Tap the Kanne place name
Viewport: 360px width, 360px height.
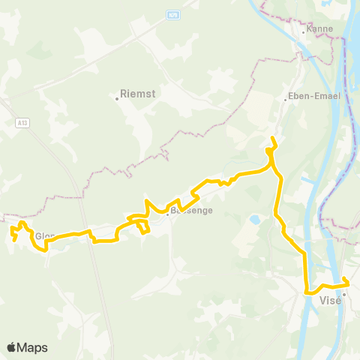(x=318, y=31)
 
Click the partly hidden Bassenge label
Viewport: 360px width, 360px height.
(x=193, y=211)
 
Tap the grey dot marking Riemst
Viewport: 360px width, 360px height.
(x=118, y=96)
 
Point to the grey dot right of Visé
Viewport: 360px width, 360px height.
(x=343, y=294)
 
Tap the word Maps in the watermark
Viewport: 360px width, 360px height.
(x=33, y=347)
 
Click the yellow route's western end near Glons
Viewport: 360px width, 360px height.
(x=14, y=240)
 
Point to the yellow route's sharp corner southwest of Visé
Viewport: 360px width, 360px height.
(x=306, y=292)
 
